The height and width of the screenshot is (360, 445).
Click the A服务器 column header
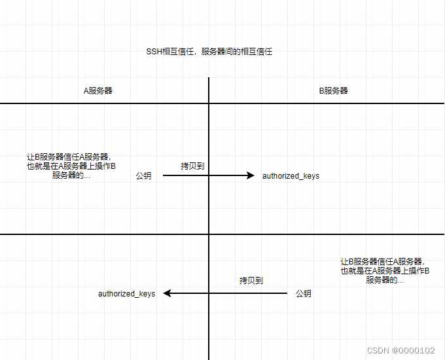[x=98, y=90]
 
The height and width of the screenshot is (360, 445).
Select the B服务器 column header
[x=333, y=90]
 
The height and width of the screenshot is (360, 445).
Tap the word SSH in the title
[x=154, y=51]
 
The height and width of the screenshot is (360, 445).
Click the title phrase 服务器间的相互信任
[x=236, y=51]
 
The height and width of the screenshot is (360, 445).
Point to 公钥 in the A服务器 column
[x=143, y=176]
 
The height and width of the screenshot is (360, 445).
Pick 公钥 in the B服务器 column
[x=303, y=294]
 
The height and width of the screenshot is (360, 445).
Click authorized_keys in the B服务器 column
[x=291, y=176]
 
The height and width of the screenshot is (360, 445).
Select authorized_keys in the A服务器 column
[x=126, y=294]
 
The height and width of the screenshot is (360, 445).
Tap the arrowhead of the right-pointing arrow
[x=250, y=175]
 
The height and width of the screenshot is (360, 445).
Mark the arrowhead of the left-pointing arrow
[x=167, y=293]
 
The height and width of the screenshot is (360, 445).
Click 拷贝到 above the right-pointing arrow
[x=192, y=166]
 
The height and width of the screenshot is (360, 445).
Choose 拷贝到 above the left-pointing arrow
[x=251, y=280]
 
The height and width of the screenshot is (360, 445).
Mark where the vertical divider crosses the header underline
[x=209, y=103]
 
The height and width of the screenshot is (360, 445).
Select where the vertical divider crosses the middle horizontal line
[x=209, y=234]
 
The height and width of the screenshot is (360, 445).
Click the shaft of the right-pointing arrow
[x=203, y=175]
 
